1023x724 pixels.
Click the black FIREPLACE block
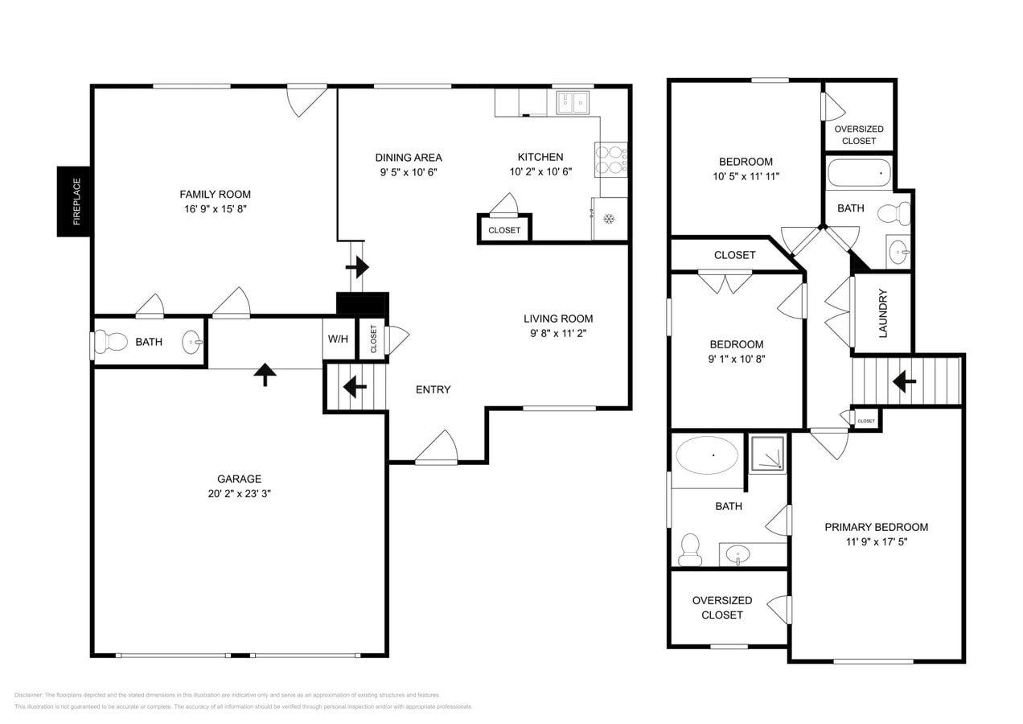tap(73, 201)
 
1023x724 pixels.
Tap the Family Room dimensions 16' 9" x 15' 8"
tap(215, 209)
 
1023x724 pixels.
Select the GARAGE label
tap(239, 479)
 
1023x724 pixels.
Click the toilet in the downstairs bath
tap(110, 342)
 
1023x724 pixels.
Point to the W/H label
tap(338, 339)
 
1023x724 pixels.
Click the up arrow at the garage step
tap(265, 374)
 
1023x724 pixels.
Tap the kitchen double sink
tap(573, 102)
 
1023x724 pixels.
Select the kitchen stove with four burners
tap(610, 159)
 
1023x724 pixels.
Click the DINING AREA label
tap(409, 158)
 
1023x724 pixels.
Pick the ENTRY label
tap(433, 389)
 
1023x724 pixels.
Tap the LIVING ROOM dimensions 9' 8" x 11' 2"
tap(558, 333)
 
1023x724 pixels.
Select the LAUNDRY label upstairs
tap(882, 313)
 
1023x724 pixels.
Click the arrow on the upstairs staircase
tap(905, 381)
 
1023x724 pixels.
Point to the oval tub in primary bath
tap(707, 455)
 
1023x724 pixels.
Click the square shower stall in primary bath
tap(767, 454)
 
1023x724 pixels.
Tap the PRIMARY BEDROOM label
tap(876, 527)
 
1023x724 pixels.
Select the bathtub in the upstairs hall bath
tap(859, 173)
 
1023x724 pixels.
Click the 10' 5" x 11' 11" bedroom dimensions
tap(746, 176)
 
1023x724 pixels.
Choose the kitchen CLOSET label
tap(504, 230)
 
